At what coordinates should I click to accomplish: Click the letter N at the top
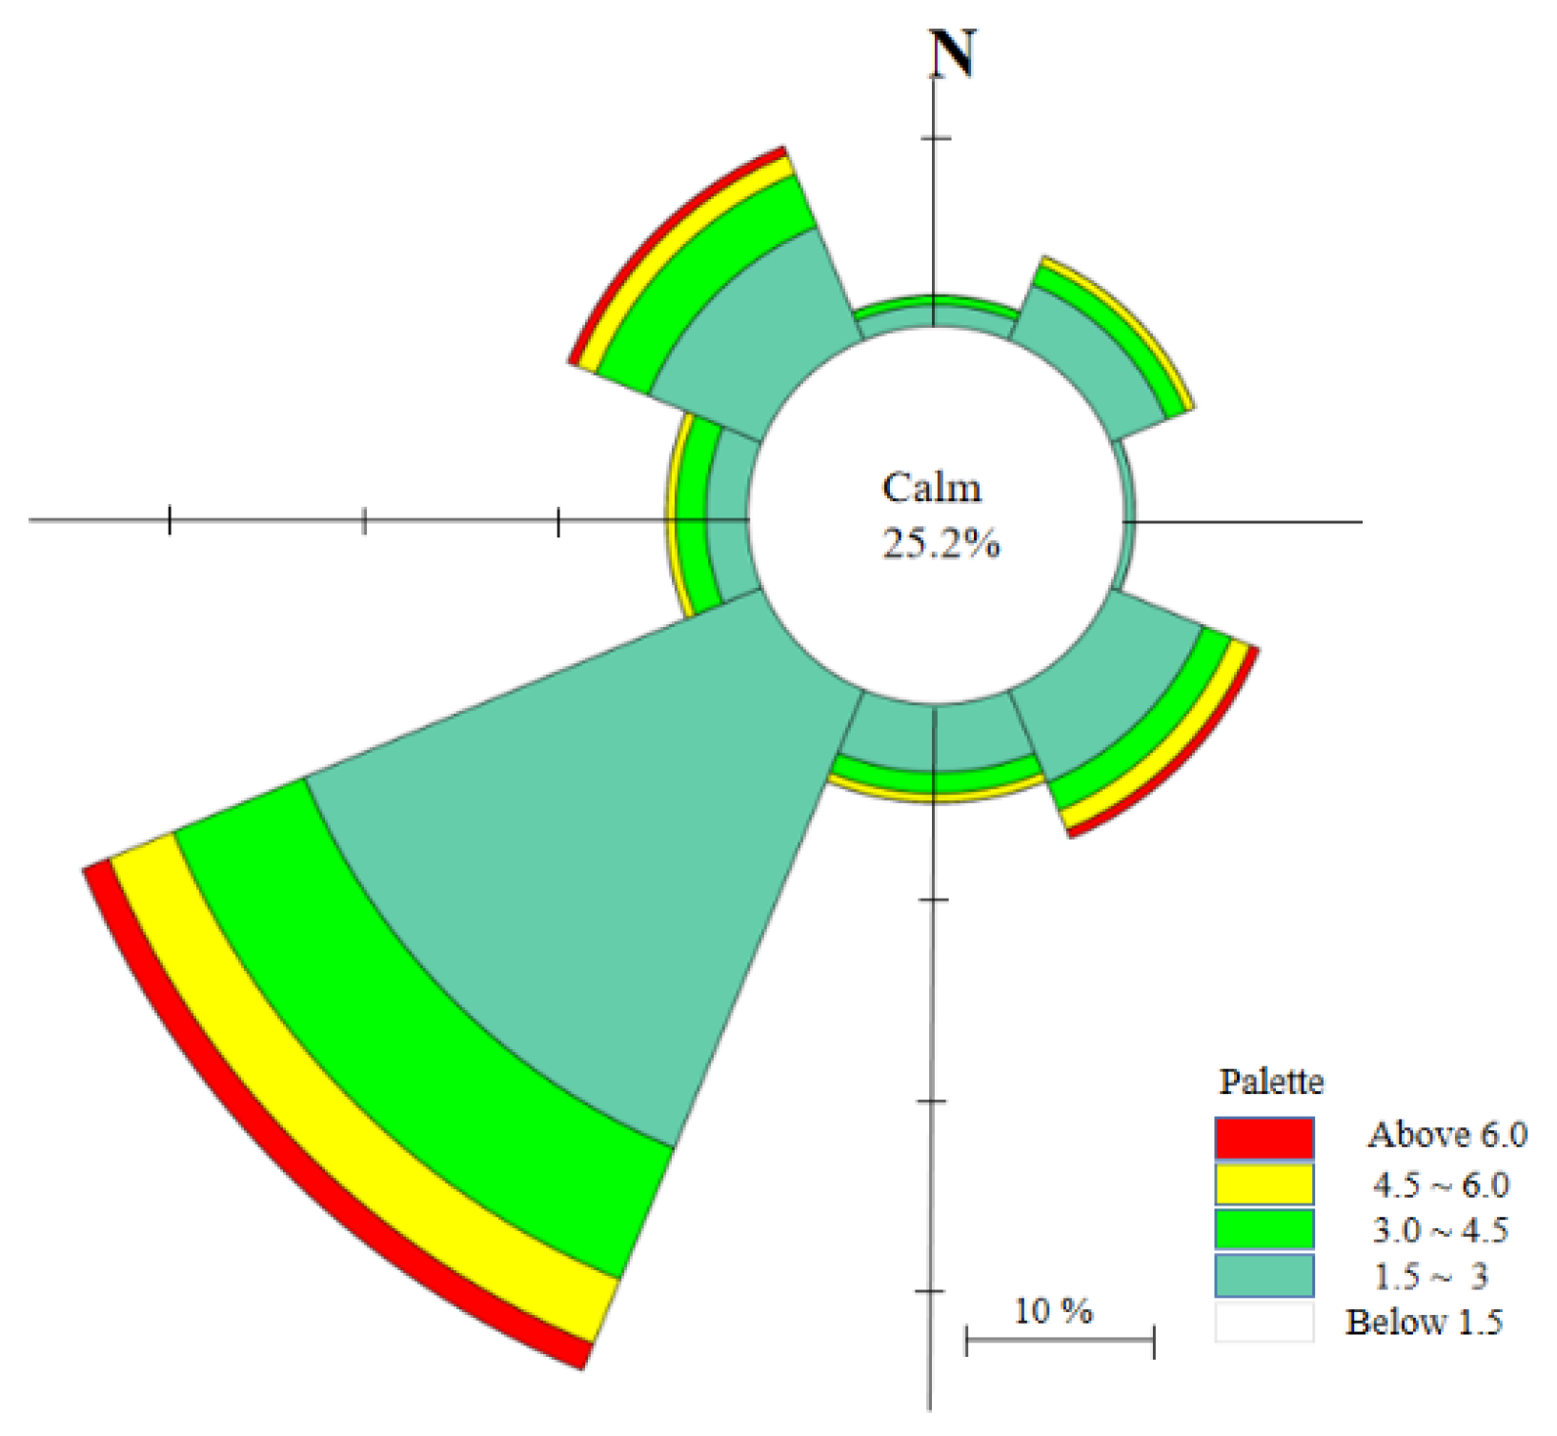[953, 54]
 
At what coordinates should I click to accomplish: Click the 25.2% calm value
[940, 544]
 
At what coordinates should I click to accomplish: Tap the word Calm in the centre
[931, 488]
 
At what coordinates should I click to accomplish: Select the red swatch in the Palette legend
[1264, 1137]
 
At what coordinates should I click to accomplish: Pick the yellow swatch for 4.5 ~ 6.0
[1264, 1184]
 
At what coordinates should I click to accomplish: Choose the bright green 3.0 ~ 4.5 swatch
[1264, 1229]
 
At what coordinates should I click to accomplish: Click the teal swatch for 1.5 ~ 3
[1264, 1275]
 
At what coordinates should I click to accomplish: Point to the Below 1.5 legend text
[1424, 1322]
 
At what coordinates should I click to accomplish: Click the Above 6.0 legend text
[1446, 1135]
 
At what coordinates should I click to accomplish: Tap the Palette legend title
[1271, 1082]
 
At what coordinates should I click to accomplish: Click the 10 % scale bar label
[1053, 1311]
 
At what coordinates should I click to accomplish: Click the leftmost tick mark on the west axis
[170, 520]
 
